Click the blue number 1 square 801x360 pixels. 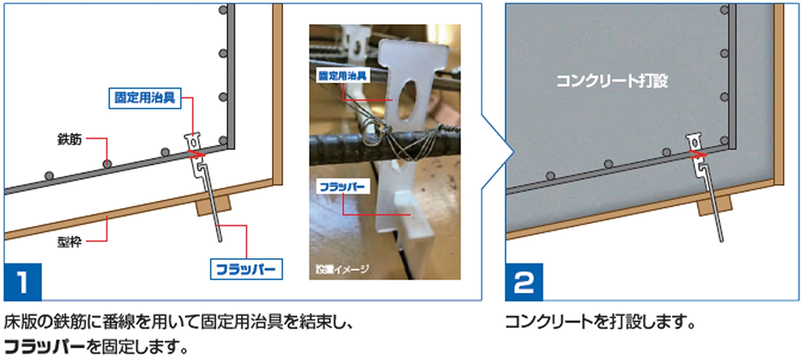pos(23,282)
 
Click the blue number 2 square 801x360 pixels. pos(524,282)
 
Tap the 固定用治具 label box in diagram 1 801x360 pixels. pos(145,98)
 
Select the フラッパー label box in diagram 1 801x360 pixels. pos(246,269)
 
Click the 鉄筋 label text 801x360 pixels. pos(69,139)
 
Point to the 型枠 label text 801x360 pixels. pos(69,242)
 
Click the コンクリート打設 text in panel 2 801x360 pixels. pos(612,81)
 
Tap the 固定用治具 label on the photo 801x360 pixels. pos(343,76)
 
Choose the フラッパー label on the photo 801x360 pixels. pos(343,187)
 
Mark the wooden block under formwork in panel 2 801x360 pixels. pos(714,205)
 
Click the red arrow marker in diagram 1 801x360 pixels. pos(196,154)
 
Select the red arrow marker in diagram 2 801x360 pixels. pos(698,154)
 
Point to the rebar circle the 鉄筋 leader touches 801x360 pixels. pos(107,164)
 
